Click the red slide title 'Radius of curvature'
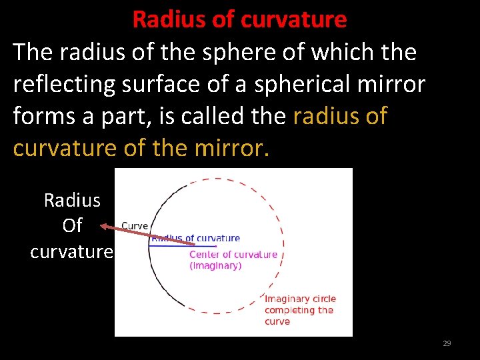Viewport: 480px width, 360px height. click(x=239, y=19)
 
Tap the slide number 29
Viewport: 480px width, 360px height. click(x=447, y=343)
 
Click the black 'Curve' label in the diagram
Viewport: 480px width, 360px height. click(x=135, y=226)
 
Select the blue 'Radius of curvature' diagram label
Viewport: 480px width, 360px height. click(x=197, y=238)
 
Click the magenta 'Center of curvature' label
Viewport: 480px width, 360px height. click(x=233, y=254)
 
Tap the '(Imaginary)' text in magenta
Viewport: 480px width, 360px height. click(x=215, y=265)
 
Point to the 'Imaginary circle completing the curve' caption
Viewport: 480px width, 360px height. click(x=299, y=310)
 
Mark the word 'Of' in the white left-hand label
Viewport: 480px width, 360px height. click(x=72, y=226)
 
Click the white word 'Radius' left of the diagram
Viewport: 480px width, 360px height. click(x=72, y=200)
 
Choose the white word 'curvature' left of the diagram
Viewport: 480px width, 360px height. click(x=72, y=252)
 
